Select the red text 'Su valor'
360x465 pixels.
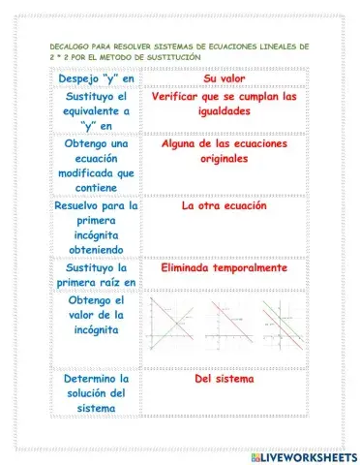click(224, 77)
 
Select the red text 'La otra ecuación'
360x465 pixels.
click(224, 205)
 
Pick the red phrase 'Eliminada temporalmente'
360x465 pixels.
click(224, 267)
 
